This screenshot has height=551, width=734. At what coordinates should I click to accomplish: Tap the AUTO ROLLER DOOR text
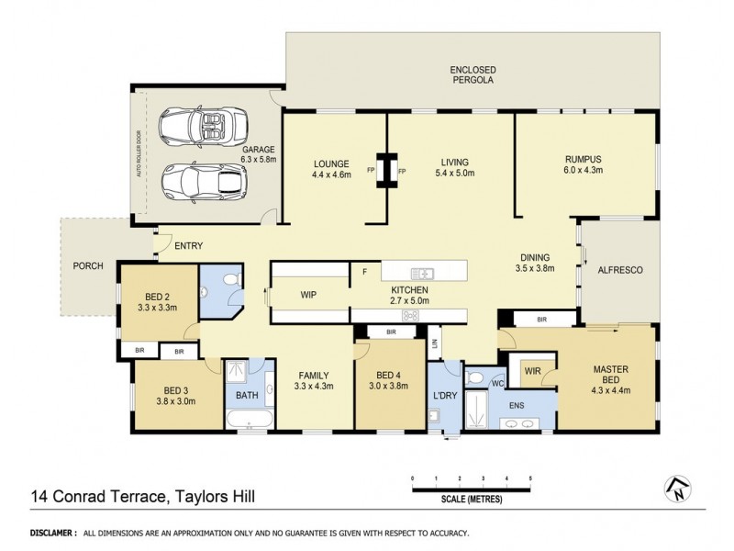(x=139, y=151)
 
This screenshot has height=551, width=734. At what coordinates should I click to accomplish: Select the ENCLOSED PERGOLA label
(x=473, y=74)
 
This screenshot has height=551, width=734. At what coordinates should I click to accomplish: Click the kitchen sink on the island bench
(x=424, y=272)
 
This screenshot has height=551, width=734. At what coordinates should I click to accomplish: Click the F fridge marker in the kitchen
(x=364, y=272)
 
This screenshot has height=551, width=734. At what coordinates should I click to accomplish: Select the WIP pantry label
(x=309, y=296)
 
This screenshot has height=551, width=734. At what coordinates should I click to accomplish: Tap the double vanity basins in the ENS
(x=524, y=424)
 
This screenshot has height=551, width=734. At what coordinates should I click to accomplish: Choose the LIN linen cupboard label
(x=435, y=345)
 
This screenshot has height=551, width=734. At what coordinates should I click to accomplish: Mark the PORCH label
(x=88, y=266)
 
